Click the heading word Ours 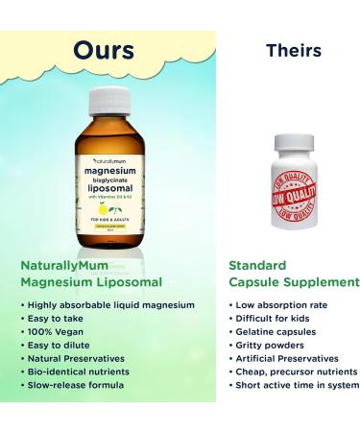tap(103, 49)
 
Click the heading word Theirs tap(293, 50)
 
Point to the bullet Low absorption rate tap(277, 304)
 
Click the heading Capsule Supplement tap(294, 282)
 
